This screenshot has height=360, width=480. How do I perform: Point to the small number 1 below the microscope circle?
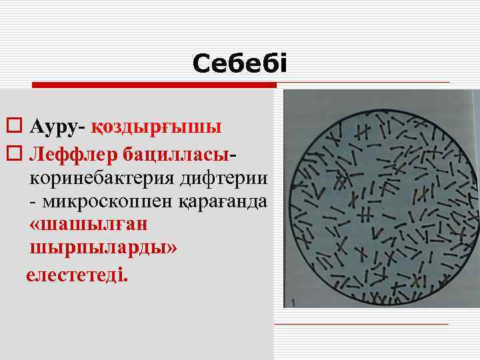[x=293, y=302]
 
